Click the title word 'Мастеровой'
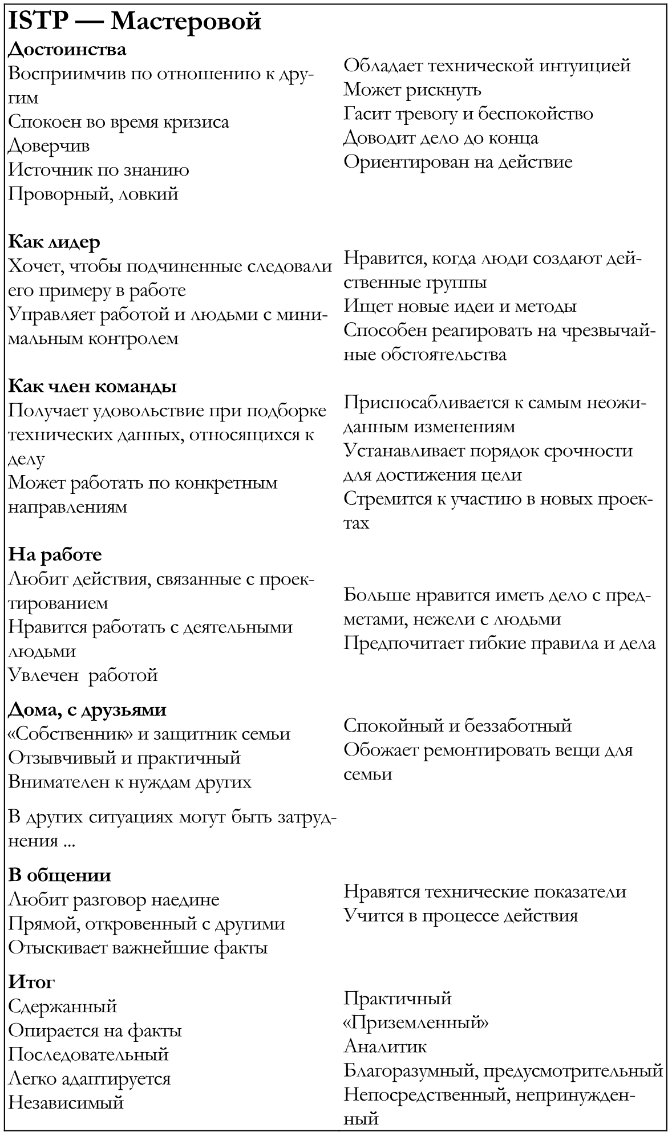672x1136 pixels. pyautogui.click(x=185, y=22)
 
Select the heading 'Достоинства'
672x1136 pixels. pyautogui.click(x=67, y=50)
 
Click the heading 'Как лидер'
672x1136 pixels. pyautogui.click(x=54, y=242)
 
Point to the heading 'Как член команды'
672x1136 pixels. pyautogui.click(x=92, y=386)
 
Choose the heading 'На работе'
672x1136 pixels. pyautogui.click(x=55, y=554)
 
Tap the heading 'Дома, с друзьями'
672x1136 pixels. pyautogui.click(x=87, y=710)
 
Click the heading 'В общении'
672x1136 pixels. pyautogui.click(x=60, y=875)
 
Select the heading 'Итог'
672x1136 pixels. pyautogui.click(x=32, y=982)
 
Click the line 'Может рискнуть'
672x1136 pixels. pyautogui.click(x=412, y=90)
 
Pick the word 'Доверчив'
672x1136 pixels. pyautogui.click(x=49, y=146)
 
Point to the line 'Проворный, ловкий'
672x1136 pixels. pyautogui.click(x=94, y=194)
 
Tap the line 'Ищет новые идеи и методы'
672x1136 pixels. pyautogui.click(x=460, y=306)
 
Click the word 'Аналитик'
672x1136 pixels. pyautogui.click(x=385, y=1046)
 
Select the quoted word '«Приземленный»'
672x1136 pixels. pyautogui.click(x=416, y=1023)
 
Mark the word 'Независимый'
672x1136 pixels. pyautogui.click(x=66, y=1102)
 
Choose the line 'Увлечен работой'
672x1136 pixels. pyautogui.click(x=83, y=675)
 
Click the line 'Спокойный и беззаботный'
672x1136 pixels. pyautogui.click(x=458, y=726)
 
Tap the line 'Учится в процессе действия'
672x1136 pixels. pyautogui.click(x=461, y=916)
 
